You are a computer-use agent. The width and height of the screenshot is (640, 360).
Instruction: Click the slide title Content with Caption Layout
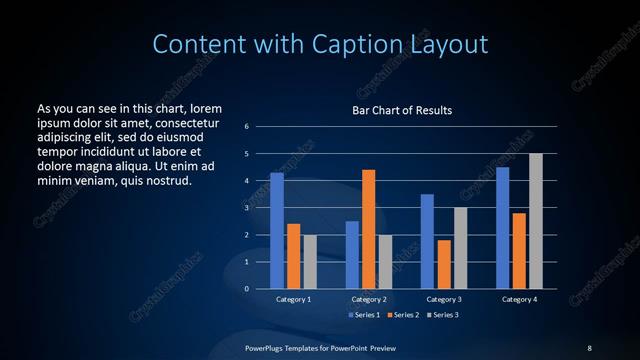click(320, 44)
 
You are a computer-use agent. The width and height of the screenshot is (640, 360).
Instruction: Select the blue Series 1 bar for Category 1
click(277, 231)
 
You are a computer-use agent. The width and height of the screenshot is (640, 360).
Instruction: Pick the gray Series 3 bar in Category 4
click(536, 221)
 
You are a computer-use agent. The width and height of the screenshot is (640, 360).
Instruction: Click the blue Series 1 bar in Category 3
click(427, 241)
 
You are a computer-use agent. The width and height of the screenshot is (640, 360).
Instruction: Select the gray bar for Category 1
click(309, 261)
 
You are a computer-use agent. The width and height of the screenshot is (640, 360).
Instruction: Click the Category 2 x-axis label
click(368, 299)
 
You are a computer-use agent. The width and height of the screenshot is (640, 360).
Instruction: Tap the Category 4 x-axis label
click(519, 299)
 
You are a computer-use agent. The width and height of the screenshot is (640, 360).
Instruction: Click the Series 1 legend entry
click(364, 315)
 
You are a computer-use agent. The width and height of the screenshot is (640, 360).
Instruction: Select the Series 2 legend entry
click(403, 315)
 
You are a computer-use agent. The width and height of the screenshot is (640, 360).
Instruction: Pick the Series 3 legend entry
click(443, 315)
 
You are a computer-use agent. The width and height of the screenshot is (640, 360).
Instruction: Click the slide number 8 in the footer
click(589, 347)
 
